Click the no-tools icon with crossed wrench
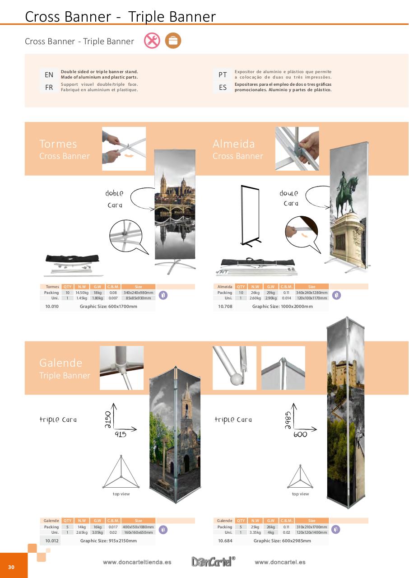[x=152, y=41]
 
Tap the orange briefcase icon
[x=173, y=41]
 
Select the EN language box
[x=49, y=75]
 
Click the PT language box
[x=223, y=75]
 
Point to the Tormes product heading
[x=58, y=144]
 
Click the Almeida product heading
[x=234, y=144]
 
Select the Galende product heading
[x=61, y=363]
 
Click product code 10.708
[x=225, y=307]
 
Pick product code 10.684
[x=225, y=541]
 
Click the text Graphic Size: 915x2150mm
[x=109, y=541]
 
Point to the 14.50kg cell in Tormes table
[x=82, y=293]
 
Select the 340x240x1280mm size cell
[x=311, y=293]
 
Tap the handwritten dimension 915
[x=121, y=434]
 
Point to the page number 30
[x=11, y=567]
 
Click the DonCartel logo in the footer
[x=213, y=562]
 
